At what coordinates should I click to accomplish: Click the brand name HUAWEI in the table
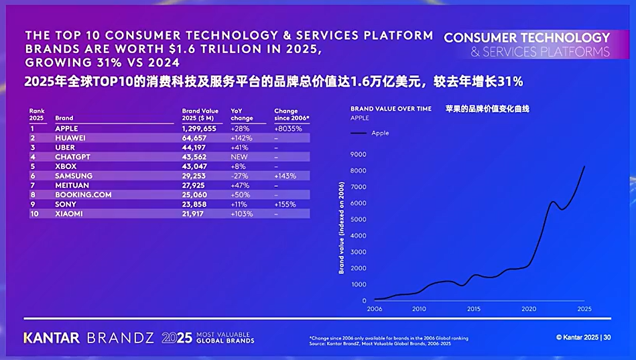pos(70,137)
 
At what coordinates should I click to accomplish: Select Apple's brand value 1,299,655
pos(200,128)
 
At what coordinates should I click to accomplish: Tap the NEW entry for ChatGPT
pos(240,156)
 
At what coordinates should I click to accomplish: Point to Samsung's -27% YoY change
pos(239,176)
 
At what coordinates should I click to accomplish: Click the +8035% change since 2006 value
pos(288,128)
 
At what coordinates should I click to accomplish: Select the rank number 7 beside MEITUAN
pos(31,185)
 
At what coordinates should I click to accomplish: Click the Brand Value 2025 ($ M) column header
pos(200,115)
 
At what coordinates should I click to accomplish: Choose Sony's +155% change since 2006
pos(285,204)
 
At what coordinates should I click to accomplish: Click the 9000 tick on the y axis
pos(358,154)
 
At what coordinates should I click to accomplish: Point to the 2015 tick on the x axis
pos(473,309)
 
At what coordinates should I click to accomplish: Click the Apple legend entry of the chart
pos(380,133)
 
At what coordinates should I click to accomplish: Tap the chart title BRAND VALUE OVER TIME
pos(391,109)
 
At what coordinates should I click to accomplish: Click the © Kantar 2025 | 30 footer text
pos(583,337)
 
